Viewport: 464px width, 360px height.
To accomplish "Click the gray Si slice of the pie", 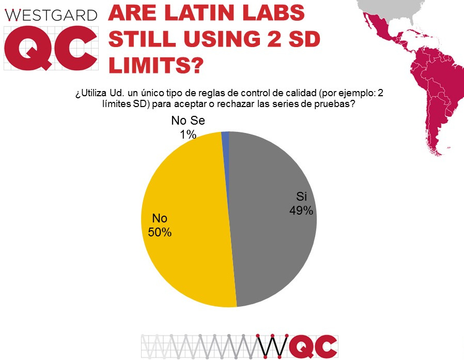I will tap(269, 243).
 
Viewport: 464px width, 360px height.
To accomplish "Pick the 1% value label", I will tap(188, 135).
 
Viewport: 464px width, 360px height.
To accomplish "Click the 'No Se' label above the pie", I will tap(189, 122).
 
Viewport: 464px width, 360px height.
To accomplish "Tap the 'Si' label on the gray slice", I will tap(301, 197).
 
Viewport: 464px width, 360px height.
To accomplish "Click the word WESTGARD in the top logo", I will tap(51, 15).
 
